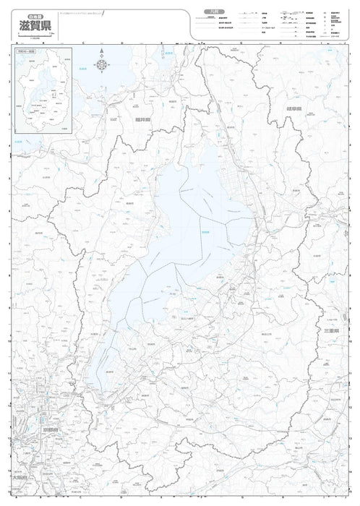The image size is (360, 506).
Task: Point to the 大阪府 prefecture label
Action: [x=18, y=478]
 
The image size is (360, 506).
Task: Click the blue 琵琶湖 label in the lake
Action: [x=205, y=231]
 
